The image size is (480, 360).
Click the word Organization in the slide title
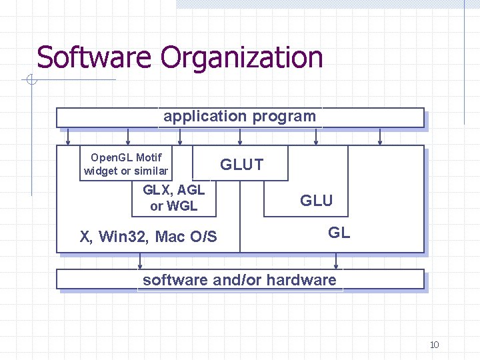[242, 59]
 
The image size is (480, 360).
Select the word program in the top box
[283, 117]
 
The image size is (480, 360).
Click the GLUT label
[242, 165]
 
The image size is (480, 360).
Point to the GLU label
[316, 201]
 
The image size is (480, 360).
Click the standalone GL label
[339, 233]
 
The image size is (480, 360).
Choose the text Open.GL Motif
[126, 158]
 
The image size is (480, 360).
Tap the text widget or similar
[126, 171]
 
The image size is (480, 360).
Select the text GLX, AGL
[174, 190]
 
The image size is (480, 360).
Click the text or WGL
[174, 206]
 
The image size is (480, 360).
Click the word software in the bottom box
[175, 280]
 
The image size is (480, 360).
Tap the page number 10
[434, 345]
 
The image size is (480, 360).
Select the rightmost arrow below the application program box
[380, 137]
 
